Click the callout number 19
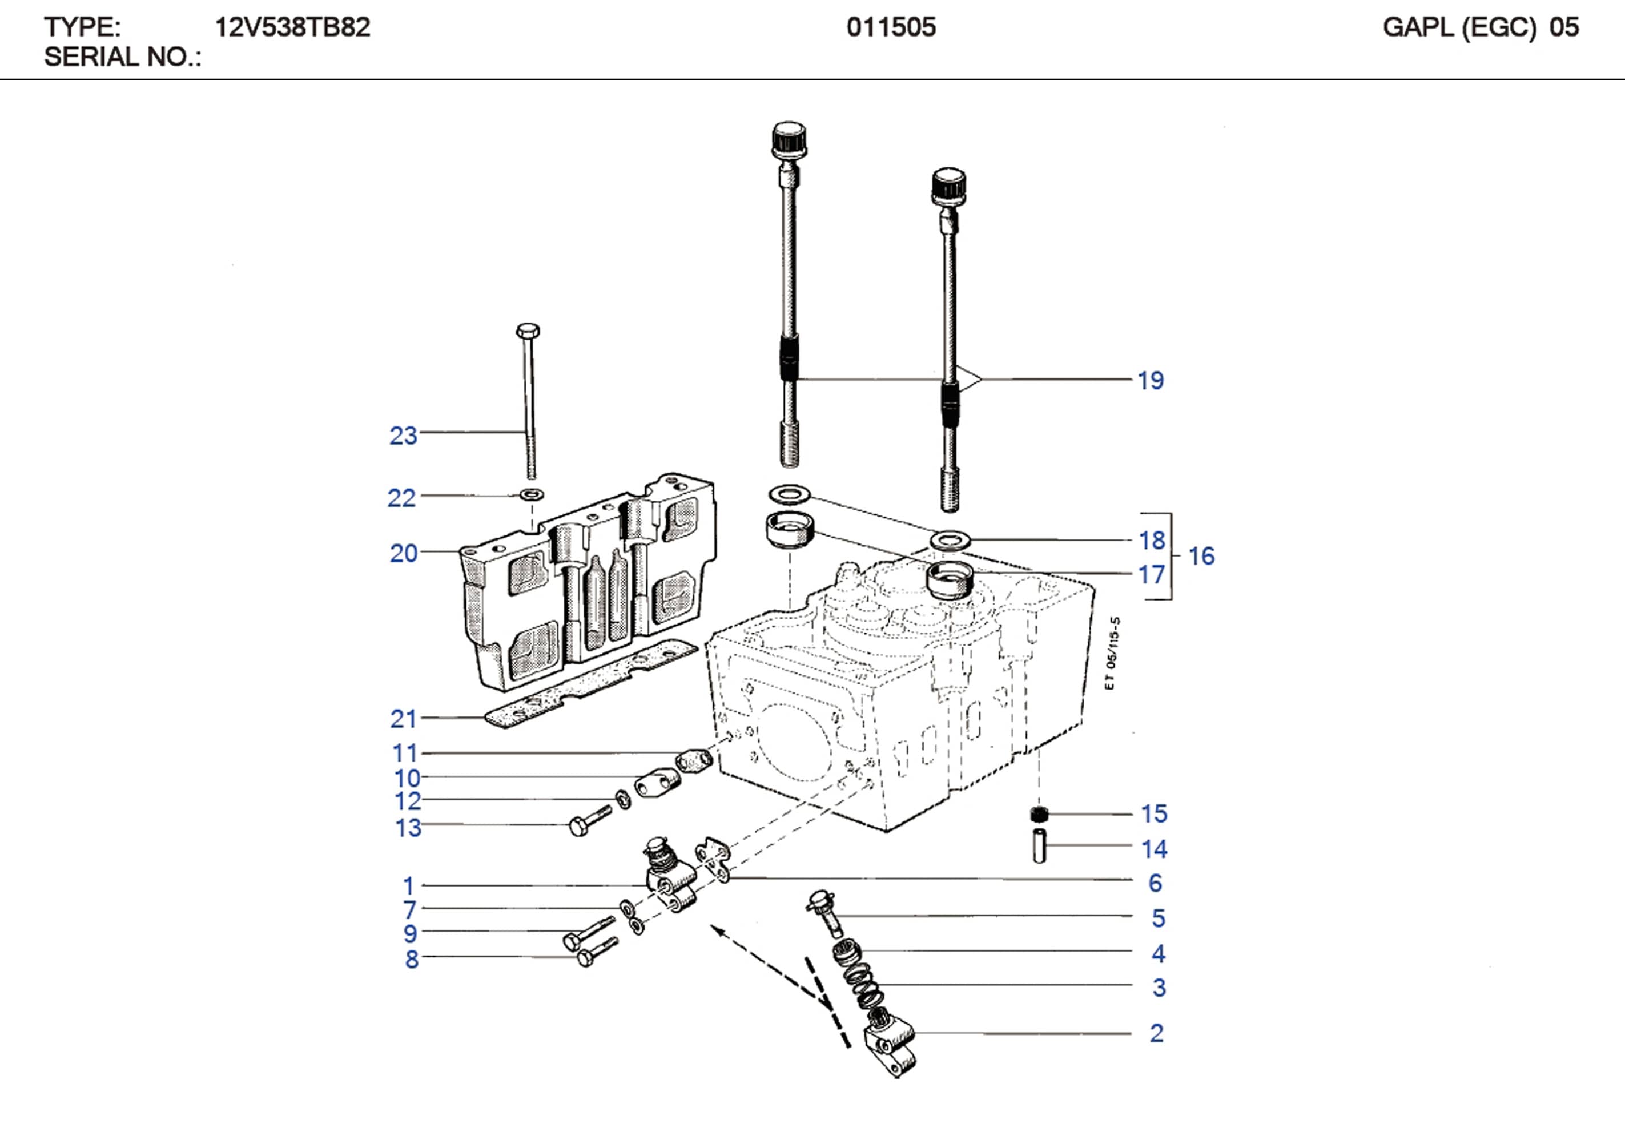pyautogui.click(x=1150, y=381)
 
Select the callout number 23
pyautogui.click(x=404, y=436)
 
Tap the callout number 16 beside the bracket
pyautogui.click(x=1201, y=557)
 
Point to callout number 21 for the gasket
pyautogui.click(x=404, y=719)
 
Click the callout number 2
pyautogui.click(x=1156, y=1033)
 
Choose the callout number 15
pyautogui.click(x=1153, y=814)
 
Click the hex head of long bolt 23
pyautogui.click(x=528, y=331)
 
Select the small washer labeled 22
pyautogui.click(x=532, y=493)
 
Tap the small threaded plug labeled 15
pyautogui.click(x=1038, y=814)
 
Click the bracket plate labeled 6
pyautogui.click(x=713, y=858)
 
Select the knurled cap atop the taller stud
pyautogui.click(x=789, y=139)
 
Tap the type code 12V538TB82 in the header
pyautogui.click(x=292, y=27)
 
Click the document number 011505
pyautogui.click(x=891, y=27)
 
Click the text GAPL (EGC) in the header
pyautogui.click(x=1459, y=27)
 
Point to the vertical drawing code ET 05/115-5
pyautogui.click(x=1111, y=652)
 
